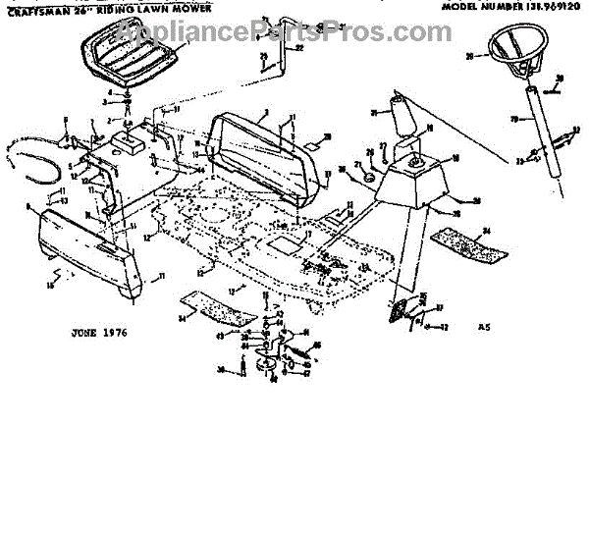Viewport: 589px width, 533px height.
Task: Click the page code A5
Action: pyautogui.click(x=482, y=326)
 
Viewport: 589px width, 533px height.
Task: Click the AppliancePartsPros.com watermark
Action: pyautogui.click(x=285, y=32)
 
